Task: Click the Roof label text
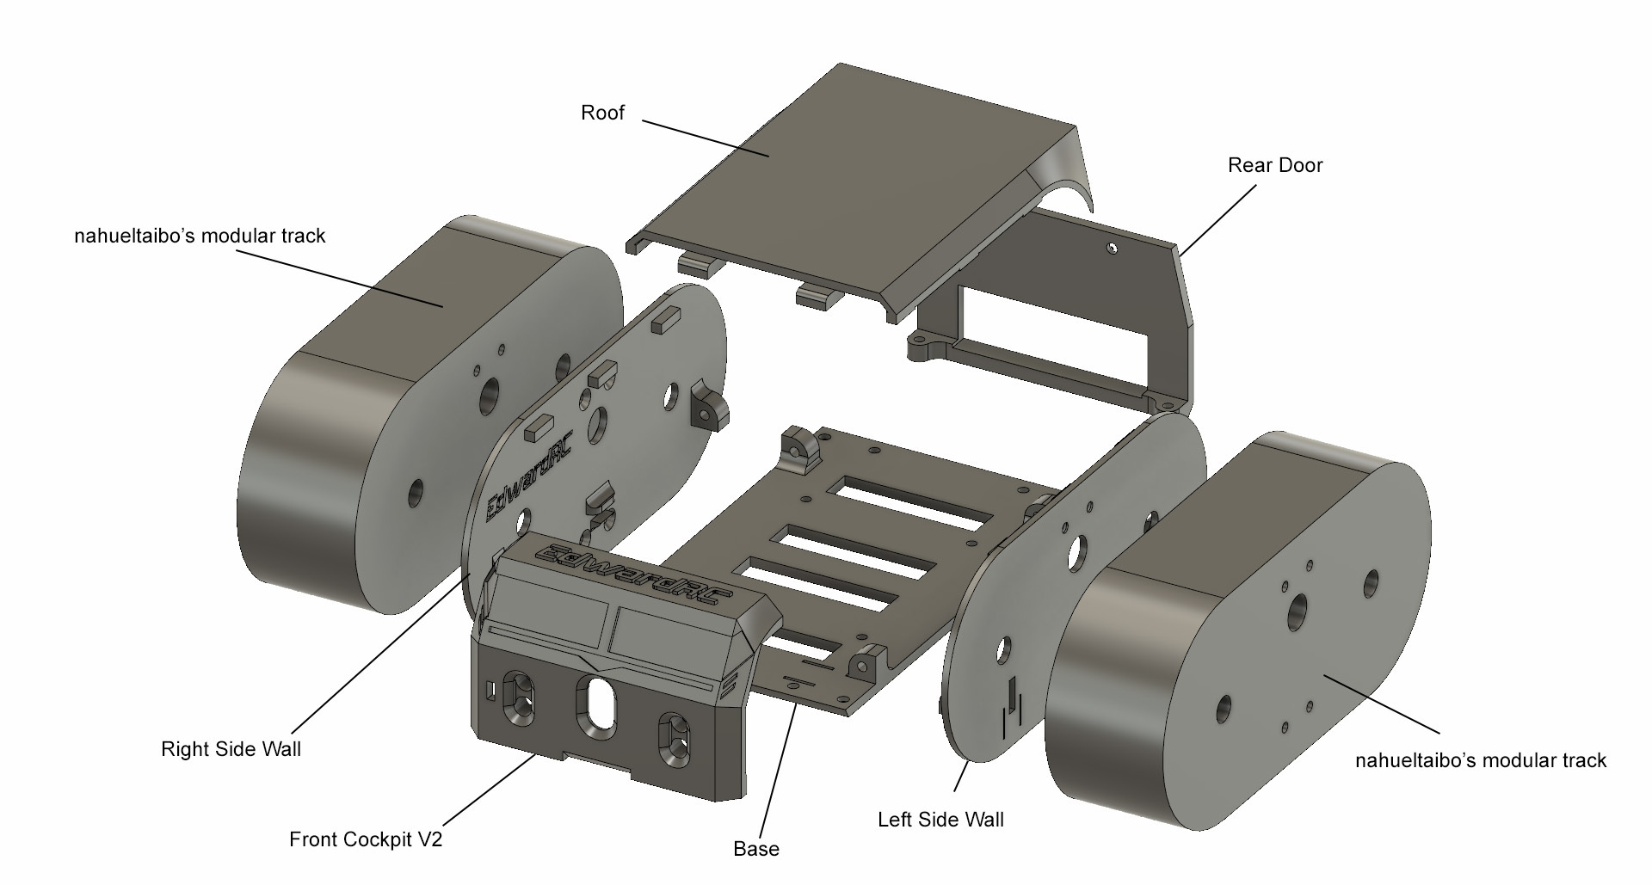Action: [x=602, y=113]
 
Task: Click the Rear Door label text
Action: [x=1274, y=165]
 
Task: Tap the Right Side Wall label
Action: [x=231, y=749]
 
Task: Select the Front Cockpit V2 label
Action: [x=366, y=839]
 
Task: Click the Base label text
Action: [x=756, y=849]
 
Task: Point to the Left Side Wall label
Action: [x=940, y=820]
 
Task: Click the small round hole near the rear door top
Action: [x=1112, y=248]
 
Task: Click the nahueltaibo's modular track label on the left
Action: [x=200, y=236]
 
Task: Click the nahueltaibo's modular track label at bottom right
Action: [x=1480, y=760]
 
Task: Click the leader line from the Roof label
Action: [x=706, y=138]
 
